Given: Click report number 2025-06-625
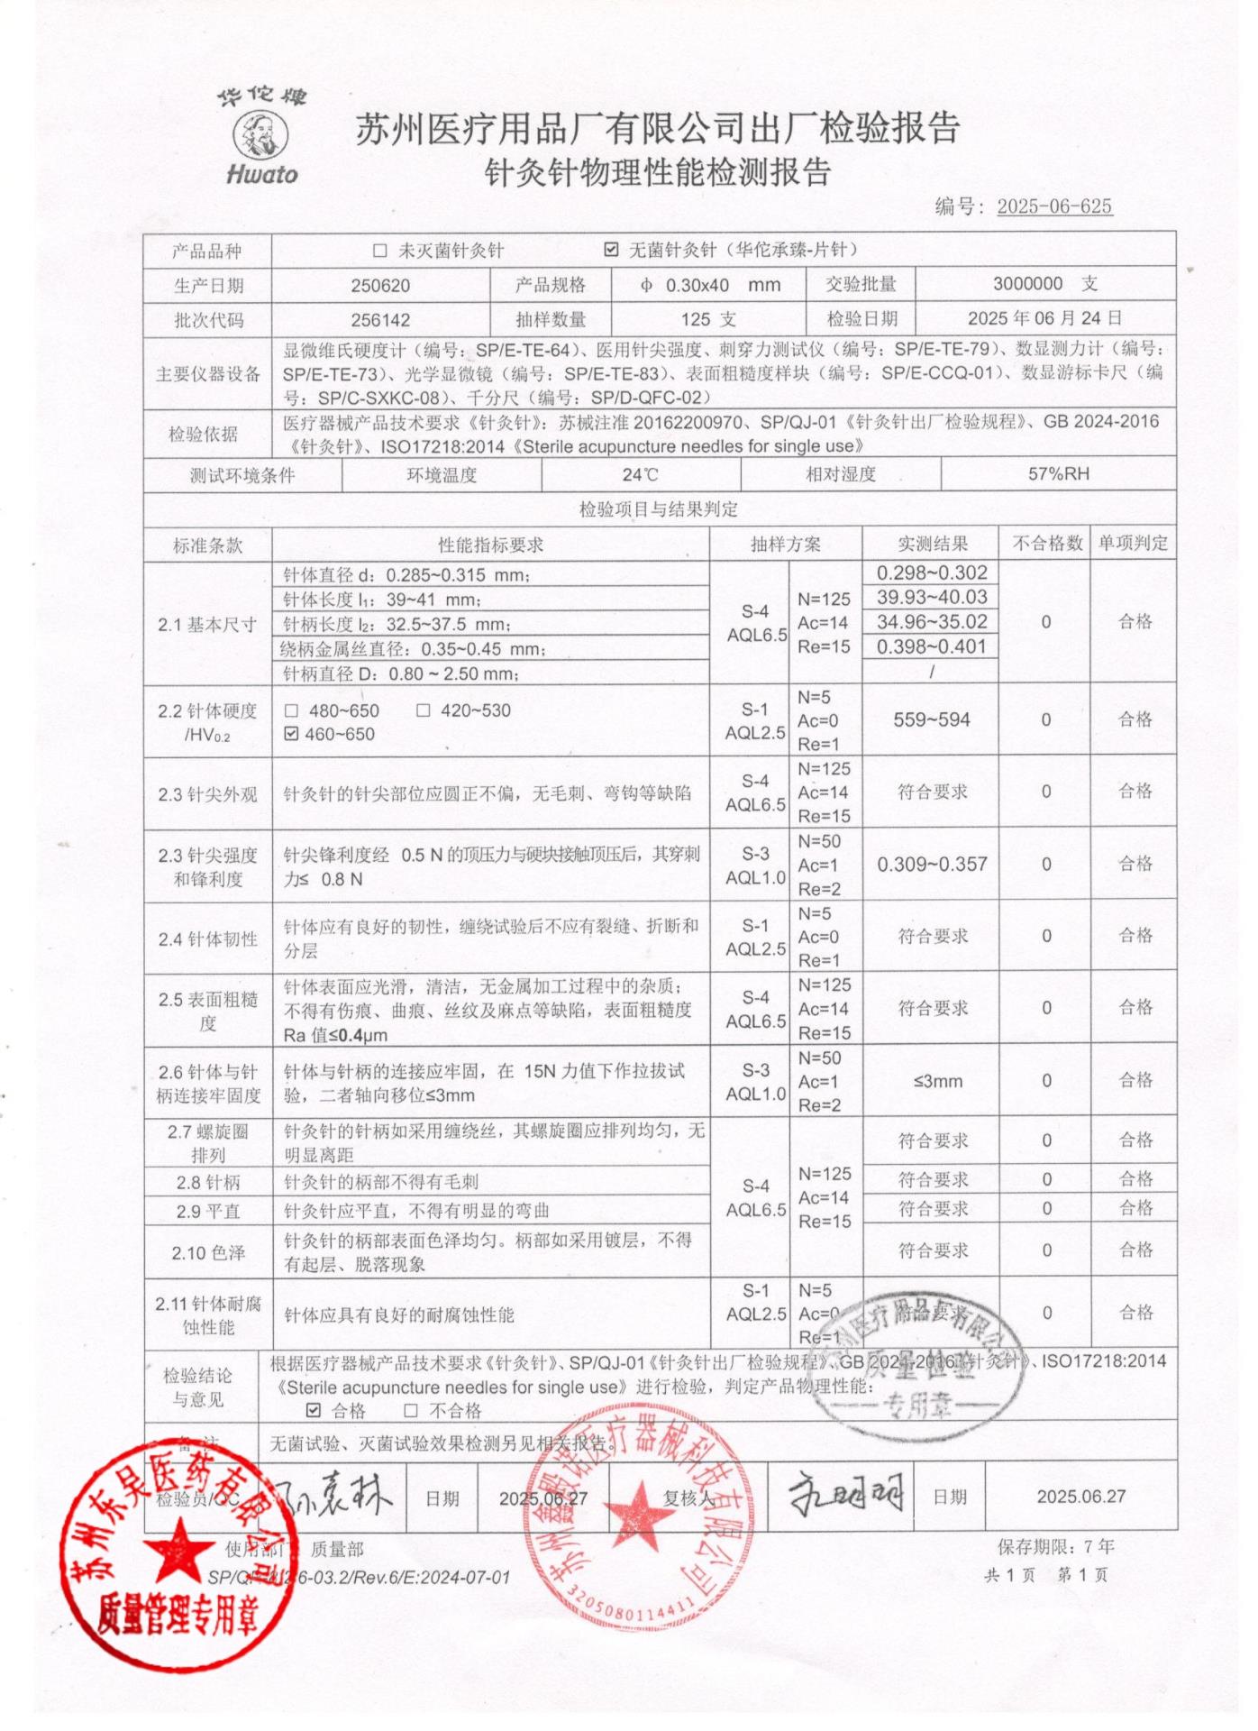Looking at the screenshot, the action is point(1053,206).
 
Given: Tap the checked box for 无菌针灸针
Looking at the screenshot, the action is point(611,250).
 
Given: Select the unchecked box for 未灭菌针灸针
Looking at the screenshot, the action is point(379,251).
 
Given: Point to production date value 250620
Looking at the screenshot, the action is point(380,286).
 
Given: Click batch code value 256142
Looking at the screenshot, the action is point(380,320).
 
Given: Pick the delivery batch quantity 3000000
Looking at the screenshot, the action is point(1027,284).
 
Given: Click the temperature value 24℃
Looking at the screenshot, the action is point(640,475).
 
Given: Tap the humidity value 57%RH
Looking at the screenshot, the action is point(1058,474).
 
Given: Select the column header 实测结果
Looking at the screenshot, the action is point(932,544).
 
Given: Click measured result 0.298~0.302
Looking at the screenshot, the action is point(931,573).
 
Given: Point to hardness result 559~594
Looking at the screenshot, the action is point(931,720).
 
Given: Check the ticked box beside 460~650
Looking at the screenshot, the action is point(291,735).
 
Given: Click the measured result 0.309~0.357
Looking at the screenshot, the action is point(931,865).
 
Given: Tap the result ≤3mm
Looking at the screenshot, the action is point(937,1081).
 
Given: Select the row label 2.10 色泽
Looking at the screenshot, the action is point(208,1253).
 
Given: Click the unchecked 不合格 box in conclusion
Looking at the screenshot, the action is point(411,1410).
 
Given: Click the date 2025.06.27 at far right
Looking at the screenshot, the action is point(1080,1497).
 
